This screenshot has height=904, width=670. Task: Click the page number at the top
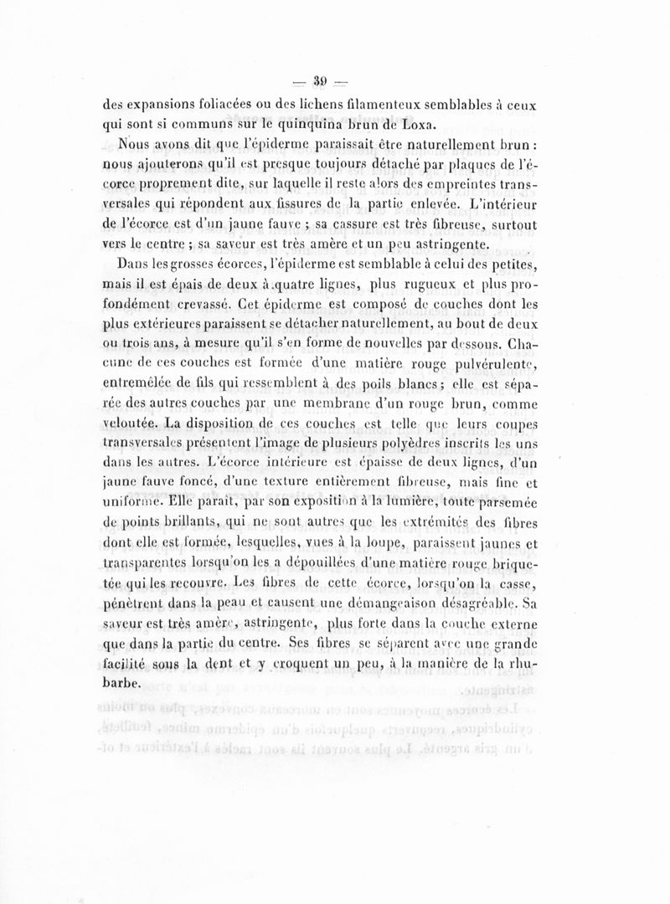coord(319,82)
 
